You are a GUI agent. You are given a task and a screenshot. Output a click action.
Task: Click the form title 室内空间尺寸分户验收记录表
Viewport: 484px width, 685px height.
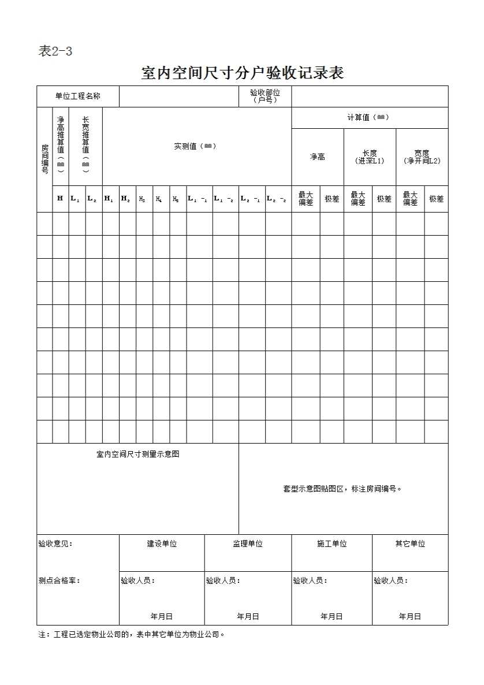[x=243, y=73]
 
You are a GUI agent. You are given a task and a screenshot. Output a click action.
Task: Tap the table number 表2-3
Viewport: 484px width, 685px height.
[x=55, y=51]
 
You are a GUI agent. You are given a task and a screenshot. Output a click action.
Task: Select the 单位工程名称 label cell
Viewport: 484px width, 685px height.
[x=77, y=96]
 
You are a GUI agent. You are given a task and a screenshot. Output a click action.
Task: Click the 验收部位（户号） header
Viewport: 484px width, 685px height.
[x=265, y=96]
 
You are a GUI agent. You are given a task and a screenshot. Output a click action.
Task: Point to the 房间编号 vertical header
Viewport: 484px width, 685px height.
[x=44, y=159]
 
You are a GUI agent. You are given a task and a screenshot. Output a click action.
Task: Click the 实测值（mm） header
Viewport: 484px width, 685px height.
[x=196, y=146]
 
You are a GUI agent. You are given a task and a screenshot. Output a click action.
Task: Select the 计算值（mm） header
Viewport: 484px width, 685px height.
[x=369, y=117]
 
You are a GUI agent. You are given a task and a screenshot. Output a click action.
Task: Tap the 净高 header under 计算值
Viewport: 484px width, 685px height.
[x=318, y=157]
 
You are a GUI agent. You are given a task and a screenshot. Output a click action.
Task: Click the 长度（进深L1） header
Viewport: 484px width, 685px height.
[x=370, y=157]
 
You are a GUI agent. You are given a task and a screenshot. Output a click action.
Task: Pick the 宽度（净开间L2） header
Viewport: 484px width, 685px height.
[x=422, y=157]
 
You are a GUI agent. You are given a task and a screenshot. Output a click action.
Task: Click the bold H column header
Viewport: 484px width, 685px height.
[x=60, y=199]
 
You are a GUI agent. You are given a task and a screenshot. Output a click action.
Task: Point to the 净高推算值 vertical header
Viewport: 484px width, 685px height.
[x=61, y=144]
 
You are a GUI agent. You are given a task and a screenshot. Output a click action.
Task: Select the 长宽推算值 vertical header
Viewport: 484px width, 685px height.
[x=85, y=144]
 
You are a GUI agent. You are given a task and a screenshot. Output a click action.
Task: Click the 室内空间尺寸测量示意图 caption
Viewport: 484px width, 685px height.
[x=137, y=454]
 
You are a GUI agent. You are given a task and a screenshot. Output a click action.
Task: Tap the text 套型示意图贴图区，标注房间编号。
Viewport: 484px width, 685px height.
[x=342, y=489]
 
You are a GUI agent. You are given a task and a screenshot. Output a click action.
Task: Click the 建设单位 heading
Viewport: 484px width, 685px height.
[x=162, y=543]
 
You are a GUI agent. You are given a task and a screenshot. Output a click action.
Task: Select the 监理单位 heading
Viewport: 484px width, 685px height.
[x=248, y=543]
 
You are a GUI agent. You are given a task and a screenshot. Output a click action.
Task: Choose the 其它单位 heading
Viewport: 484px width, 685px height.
[x=410, y=543]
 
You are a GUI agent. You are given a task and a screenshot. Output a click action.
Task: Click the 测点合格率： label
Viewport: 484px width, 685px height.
[x=59, y=580]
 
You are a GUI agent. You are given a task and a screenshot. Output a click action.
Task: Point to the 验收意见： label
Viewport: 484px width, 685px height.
[x=55, y=543]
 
